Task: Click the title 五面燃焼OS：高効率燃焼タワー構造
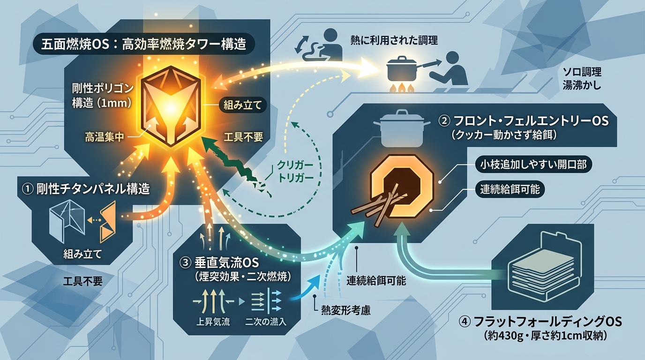(x=144, y=45)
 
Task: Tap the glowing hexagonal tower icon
(x=171, y=106)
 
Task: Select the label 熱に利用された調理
(x=394, y=40)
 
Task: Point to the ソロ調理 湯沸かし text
(x=582, y=78)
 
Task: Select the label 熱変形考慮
(x=346, y=310)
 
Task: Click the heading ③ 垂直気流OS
(x=219, y=262)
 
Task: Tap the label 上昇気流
(x=213, y=322)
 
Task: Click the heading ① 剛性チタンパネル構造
(x=86, y=189)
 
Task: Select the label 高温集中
(x=104, y=137)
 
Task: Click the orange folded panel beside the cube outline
(x=108, y=222)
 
